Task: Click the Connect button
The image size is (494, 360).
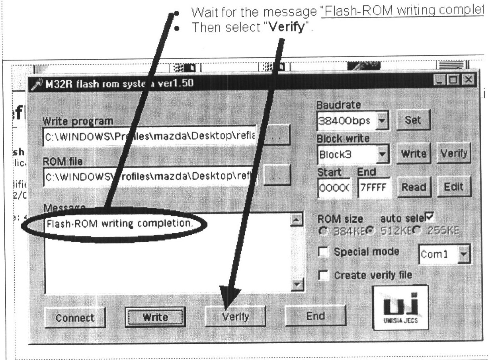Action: (75, 317)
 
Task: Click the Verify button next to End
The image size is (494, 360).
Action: (235, 317)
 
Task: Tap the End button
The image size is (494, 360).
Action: (315, 316)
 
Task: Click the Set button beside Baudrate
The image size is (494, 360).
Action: (412, 120)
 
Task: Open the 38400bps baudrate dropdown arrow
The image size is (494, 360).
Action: (382, 120)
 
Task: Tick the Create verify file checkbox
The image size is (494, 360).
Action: (324, 275)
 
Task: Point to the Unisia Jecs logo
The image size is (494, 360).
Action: (400, 307)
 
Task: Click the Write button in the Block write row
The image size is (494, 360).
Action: (413, 154)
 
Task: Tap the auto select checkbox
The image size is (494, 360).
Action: (429, 217)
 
